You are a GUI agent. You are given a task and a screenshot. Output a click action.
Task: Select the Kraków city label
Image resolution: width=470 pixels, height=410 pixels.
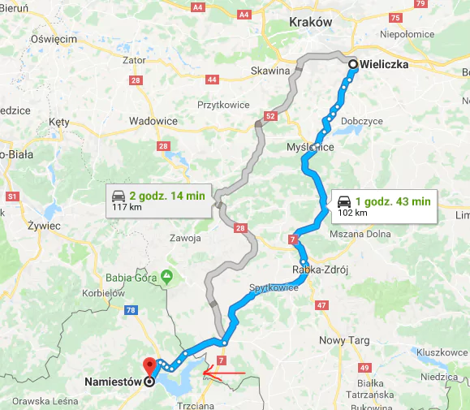(x=311, y=22)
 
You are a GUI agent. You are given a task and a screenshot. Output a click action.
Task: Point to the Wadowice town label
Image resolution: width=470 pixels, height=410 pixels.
(x=153, y=120)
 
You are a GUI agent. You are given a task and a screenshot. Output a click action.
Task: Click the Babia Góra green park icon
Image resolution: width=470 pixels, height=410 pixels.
(x=166, y=276)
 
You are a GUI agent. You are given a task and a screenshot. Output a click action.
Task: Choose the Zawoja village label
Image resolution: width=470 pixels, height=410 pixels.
(x=185, y=238)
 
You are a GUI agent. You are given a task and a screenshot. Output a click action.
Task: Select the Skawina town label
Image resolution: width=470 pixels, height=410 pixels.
(x=270, y=71)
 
